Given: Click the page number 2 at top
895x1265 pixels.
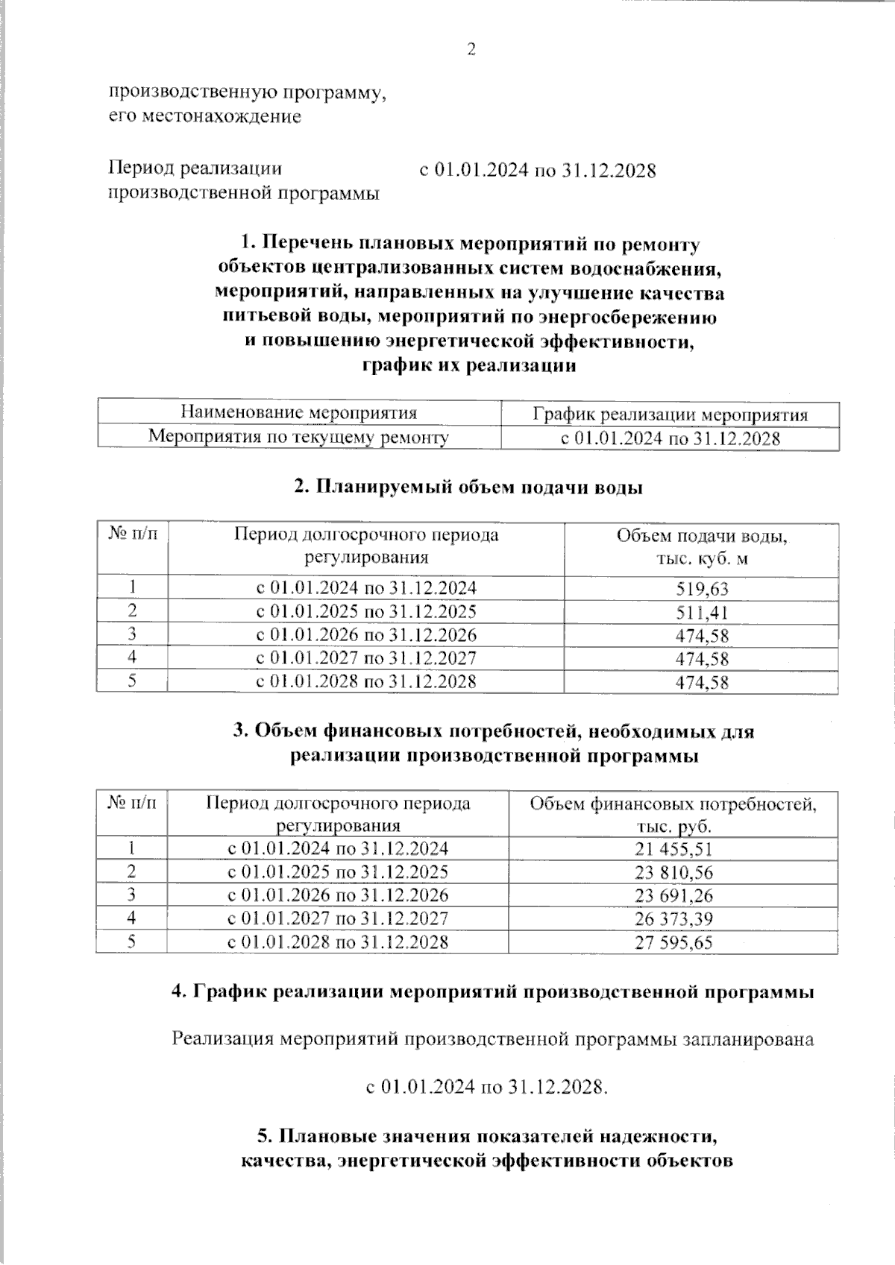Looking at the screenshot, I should click(471, 50).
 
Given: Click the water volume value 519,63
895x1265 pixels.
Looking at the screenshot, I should click(701, 589).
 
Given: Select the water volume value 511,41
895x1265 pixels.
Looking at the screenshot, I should click(701, 613).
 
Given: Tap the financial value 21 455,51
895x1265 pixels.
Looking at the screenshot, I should click(673, 849).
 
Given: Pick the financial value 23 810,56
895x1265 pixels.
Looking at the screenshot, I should click(673, 872).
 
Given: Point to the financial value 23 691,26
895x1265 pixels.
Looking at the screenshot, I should click(673, 895).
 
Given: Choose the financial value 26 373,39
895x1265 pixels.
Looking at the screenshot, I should click(673, 918).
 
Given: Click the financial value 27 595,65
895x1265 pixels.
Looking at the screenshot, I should click(673, 942).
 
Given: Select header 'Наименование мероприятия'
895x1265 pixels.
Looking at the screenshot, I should click(299, 413).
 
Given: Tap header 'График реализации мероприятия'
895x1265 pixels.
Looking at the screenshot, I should click(670, 414).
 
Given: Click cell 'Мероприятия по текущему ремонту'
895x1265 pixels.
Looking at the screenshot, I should click(298, 437).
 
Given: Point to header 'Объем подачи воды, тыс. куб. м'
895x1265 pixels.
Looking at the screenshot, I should click(701, 547).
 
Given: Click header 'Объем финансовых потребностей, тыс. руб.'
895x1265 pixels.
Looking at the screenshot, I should click(673, 815).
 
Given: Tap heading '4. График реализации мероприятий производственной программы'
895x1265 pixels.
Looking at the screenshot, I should click(492, 992).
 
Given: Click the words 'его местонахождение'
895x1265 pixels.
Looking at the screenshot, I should click(205, 116).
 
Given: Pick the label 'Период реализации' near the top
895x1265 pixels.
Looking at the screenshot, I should click(195, 168).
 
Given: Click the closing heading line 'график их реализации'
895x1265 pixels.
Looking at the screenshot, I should click(468, 366).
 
